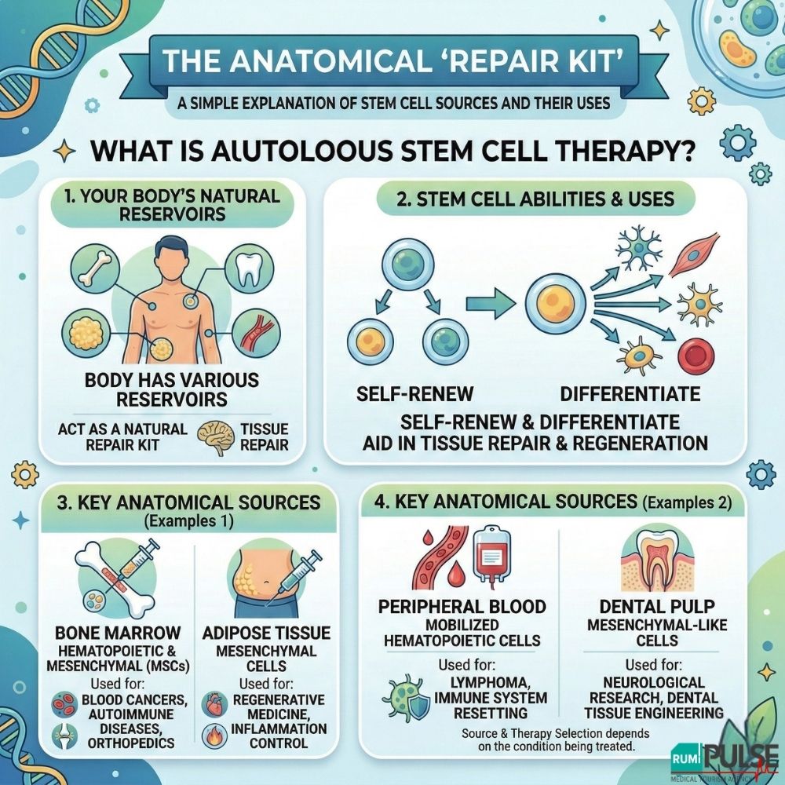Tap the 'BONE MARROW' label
pos(117,633)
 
